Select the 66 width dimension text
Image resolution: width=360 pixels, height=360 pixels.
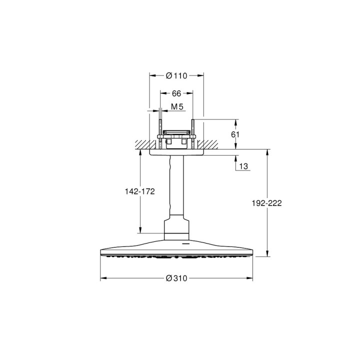pos(176,93)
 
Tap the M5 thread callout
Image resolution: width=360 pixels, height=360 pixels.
pos(176,107)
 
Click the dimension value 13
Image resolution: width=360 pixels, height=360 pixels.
pos(243,166)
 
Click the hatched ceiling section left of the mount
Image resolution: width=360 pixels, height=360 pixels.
pos(142,144)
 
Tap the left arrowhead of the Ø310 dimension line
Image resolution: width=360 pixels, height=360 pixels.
pos(102,278)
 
